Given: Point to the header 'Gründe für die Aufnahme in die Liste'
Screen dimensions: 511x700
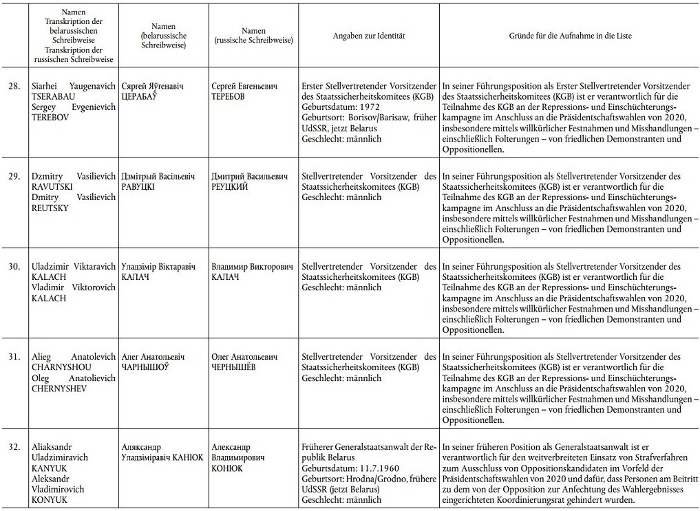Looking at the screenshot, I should tap(570, 35).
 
